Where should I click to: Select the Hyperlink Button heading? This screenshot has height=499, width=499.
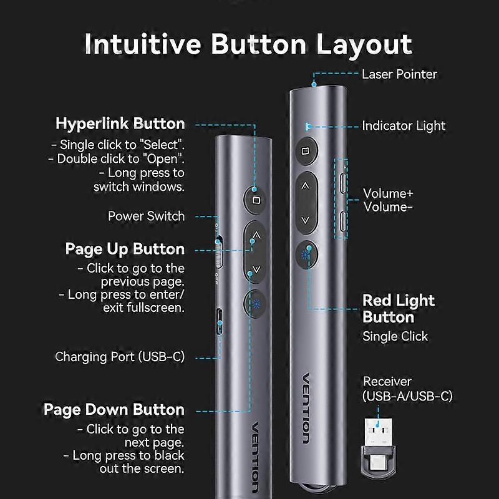pos(120,123)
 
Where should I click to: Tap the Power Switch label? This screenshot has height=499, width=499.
pos(147,216)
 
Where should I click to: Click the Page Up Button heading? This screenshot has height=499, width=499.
pos(125,249)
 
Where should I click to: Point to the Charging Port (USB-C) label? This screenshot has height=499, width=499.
pos(120,357)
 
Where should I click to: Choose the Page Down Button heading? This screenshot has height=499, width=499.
pos(114,410)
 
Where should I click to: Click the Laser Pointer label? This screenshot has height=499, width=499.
pos(400,74)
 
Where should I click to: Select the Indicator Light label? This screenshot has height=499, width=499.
pos(404,125)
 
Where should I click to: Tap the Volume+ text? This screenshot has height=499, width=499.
pos(388,193)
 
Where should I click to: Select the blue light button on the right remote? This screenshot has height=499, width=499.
pos(305,254)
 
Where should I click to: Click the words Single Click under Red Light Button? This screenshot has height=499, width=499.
pos(395,336)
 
